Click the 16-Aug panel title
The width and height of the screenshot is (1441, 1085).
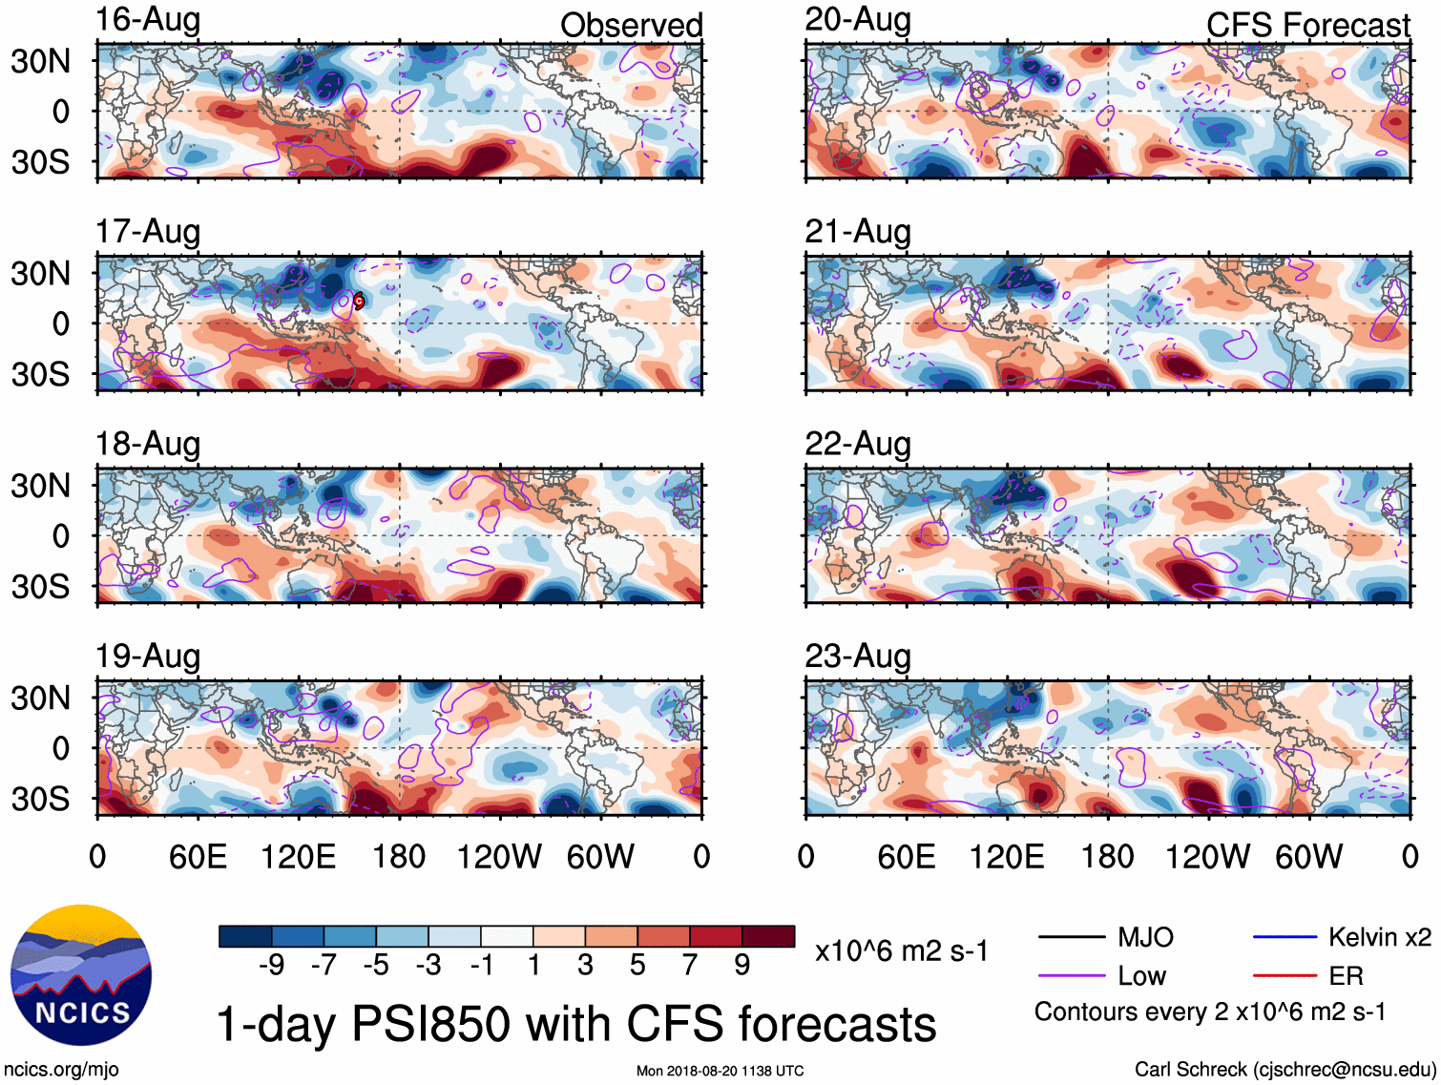coord(148,20)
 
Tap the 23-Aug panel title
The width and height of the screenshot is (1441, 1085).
coord(857,657)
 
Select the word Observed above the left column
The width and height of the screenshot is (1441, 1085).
coord(631,25)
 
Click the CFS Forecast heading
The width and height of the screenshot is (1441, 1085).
coord(1307,25)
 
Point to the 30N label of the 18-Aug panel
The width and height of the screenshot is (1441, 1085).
coord(40,486)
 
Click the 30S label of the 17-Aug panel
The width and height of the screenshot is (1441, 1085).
coord(40,374)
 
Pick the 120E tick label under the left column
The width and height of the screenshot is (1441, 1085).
coord(298,857)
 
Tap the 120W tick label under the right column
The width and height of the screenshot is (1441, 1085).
coord(1207,857)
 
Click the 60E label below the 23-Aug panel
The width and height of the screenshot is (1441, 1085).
coord(906,857)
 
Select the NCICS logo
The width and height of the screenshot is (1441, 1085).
coord(81,974)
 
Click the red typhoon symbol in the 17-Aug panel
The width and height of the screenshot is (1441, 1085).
coord(359,301)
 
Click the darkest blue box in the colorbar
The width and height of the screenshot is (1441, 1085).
coord(245,936)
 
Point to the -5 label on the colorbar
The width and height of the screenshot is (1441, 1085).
coord(376,966)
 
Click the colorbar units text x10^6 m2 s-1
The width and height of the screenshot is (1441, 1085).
coord(901,950)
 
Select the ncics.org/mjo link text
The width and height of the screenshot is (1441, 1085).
coord(61,1070)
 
